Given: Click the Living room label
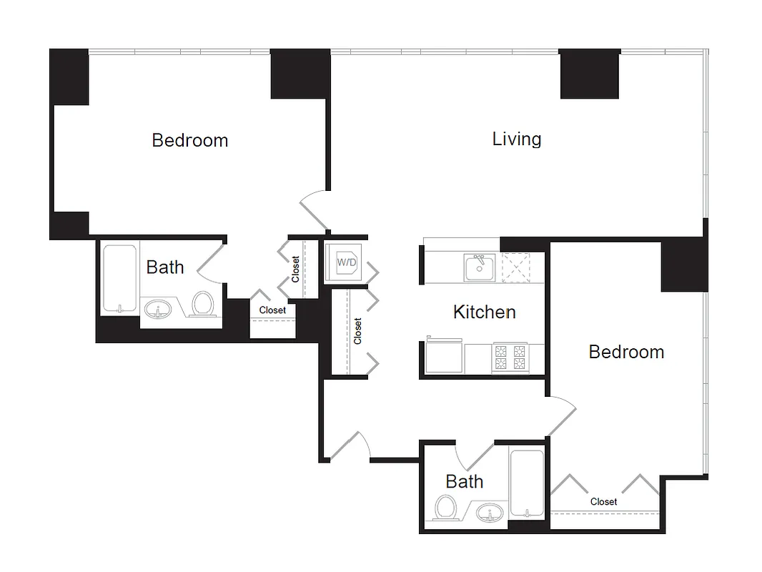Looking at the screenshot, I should coord(516,139).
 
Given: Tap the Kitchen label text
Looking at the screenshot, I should coord(484,312).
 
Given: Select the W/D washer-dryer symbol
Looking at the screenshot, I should coord(347,262).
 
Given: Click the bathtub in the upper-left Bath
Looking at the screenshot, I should coord(119,278).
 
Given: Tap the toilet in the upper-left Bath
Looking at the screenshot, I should coord(204,304).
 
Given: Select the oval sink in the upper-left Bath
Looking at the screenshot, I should coord(158,310).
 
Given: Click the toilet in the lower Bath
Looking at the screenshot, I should coord(447,508).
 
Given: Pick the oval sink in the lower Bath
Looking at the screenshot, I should coord(490,513).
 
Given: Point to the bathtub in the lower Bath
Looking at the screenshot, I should coord(528,484).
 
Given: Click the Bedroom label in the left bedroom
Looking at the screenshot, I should coord(189,140).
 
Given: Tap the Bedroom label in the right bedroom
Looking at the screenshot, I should coord(626,352).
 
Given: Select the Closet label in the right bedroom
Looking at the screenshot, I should coord(603,502).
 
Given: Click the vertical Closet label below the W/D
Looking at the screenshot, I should coord(358,331).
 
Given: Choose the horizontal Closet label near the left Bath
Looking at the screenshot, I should coord(272,310).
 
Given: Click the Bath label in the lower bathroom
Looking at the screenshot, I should coord(464,482).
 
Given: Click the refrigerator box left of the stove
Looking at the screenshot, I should coord(444,357).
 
